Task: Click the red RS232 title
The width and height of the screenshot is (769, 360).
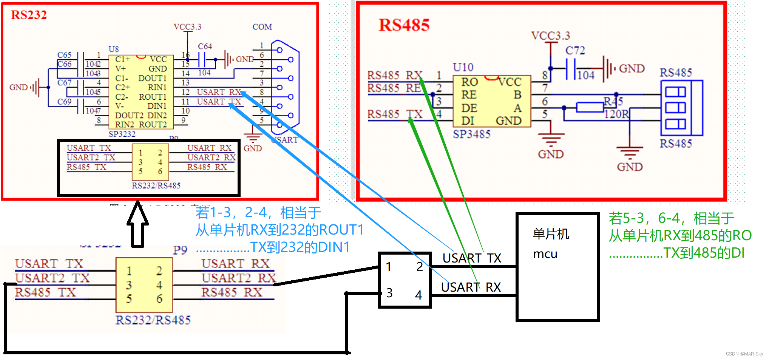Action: (29, 15)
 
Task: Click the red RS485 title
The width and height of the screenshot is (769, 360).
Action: (404, 25)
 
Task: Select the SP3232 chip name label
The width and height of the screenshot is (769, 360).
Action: (122, 134)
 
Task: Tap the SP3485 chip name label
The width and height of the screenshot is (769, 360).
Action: (471, 134)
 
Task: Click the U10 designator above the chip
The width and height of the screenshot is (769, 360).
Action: (463, 67)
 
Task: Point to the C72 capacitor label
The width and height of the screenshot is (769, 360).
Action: (575, 50)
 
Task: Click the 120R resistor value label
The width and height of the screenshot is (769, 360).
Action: (616, 114)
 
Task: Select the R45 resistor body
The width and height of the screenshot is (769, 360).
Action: (590, 107)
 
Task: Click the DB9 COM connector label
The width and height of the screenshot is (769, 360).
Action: (262, 27)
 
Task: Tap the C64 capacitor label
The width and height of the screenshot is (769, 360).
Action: (205, 46)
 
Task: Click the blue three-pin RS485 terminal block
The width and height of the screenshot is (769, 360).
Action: (681, 108)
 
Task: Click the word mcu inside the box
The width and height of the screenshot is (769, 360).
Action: (545, 254)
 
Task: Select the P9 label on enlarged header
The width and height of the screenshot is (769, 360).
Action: (180, 250)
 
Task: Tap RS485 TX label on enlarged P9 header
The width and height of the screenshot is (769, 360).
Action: (45, 292)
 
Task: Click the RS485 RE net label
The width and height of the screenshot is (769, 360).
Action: (394, 88)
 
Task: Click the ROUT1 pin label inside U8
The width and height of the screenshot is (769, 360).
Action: (153, 97)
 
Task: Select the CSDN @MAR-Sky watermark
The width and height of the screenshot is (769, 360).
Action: (744, 354)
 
